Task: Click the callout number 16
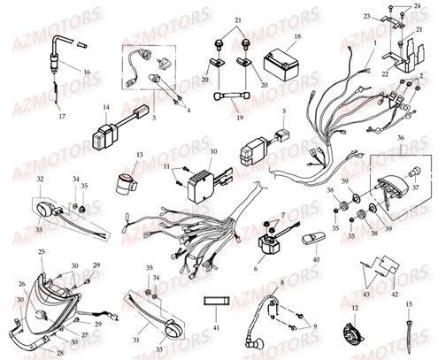87,70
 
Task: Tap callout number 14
105,109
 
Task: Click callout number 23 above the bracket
365,16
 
